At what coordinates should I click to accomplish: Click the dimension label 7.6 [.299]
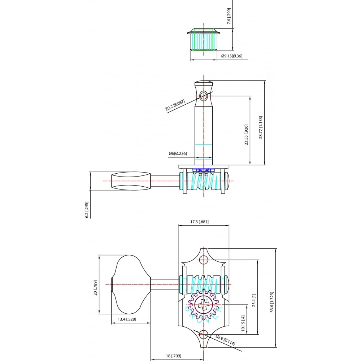(x=229, y=16)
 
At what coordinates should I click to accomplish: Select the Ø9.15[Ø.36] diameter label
(x=231, y=56)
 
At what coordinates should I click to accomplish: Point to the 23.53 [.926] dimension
(x=246, y=135)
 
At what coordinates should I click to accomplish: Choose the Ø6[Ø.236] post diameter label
(x=178, y=153)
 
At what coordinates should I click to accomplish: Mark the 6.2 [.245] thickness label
(x=87, y=210)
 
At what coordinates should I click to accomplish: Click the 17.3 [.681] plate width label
(x=199, y=222)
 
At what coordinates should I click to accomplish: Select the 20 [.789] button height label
(x=95, y=288)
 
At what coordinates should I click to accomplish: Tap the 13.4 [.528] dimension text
(x=127, y=319)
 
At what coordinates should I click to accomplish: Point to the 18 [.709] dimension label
(x=174, y=356)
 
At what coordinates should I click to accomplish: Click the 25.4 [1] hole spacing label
(x=254, y=300)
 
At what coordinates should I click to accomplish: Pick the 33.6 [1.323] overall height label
(x=272, y=302)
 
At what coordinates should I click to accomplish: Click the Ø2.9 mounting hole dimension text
(x=225, y=340)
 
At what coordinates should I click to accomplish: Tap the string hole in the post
(x=204, y=96)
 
